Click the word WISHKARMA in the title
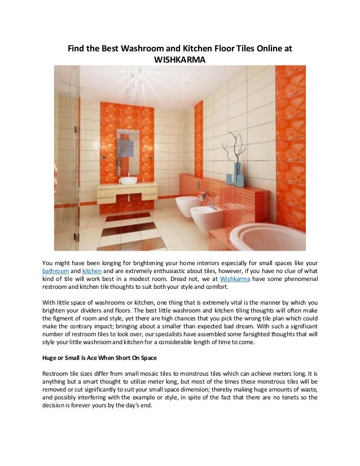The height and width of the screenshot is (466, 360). coord(179,59)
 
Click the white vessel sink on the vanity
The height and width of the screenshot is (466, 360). coord(129,181)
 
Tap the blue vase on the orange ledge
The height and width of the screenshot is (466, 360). coord(239,174)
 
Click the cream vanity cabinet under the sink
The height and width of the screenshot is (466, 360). coord(128,194)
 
